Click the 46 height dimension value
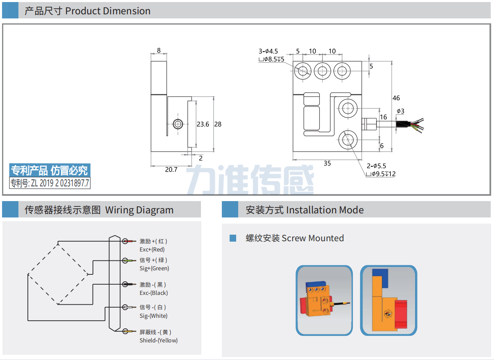pos(396,98)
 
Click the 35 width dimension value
pos(327,163)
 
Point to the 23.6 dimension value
pos(203,124)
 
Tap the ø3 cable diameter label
pos(400,111)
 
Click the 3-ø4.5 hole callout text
pos(268,51)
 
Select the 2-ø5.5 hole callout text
pos(376,166)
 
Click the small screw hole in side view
pos(177,124)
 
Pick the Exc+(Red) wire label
pos(152,249)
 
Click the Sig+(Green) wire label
pos(154,268)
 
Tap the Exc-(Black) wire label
pos(153,293)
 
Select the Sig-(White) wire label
pos(153,316)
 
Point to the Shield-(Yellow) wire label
pos(158,340)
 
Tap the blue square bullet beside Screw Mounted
pos(233,238)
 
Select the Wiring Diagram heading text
pos(139,210)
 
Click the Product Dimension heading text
pos(108,11)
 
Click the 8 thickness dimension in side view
pos(159,51)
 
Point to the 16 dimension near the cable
pos(383,117)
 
